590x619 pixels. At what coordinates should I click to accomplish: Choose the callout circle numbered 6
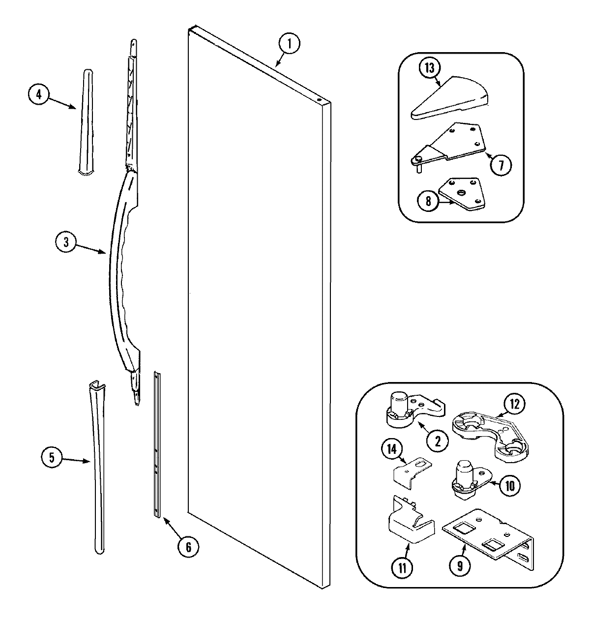coord(188,547)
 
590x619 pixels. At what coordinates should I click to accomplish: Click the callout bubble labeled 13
coord(429,68)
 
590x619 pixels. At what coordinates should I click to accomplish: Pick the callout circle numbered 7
coord(499,165)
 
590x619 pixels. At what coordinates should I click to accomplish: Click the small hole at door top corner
coord(320,100)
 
